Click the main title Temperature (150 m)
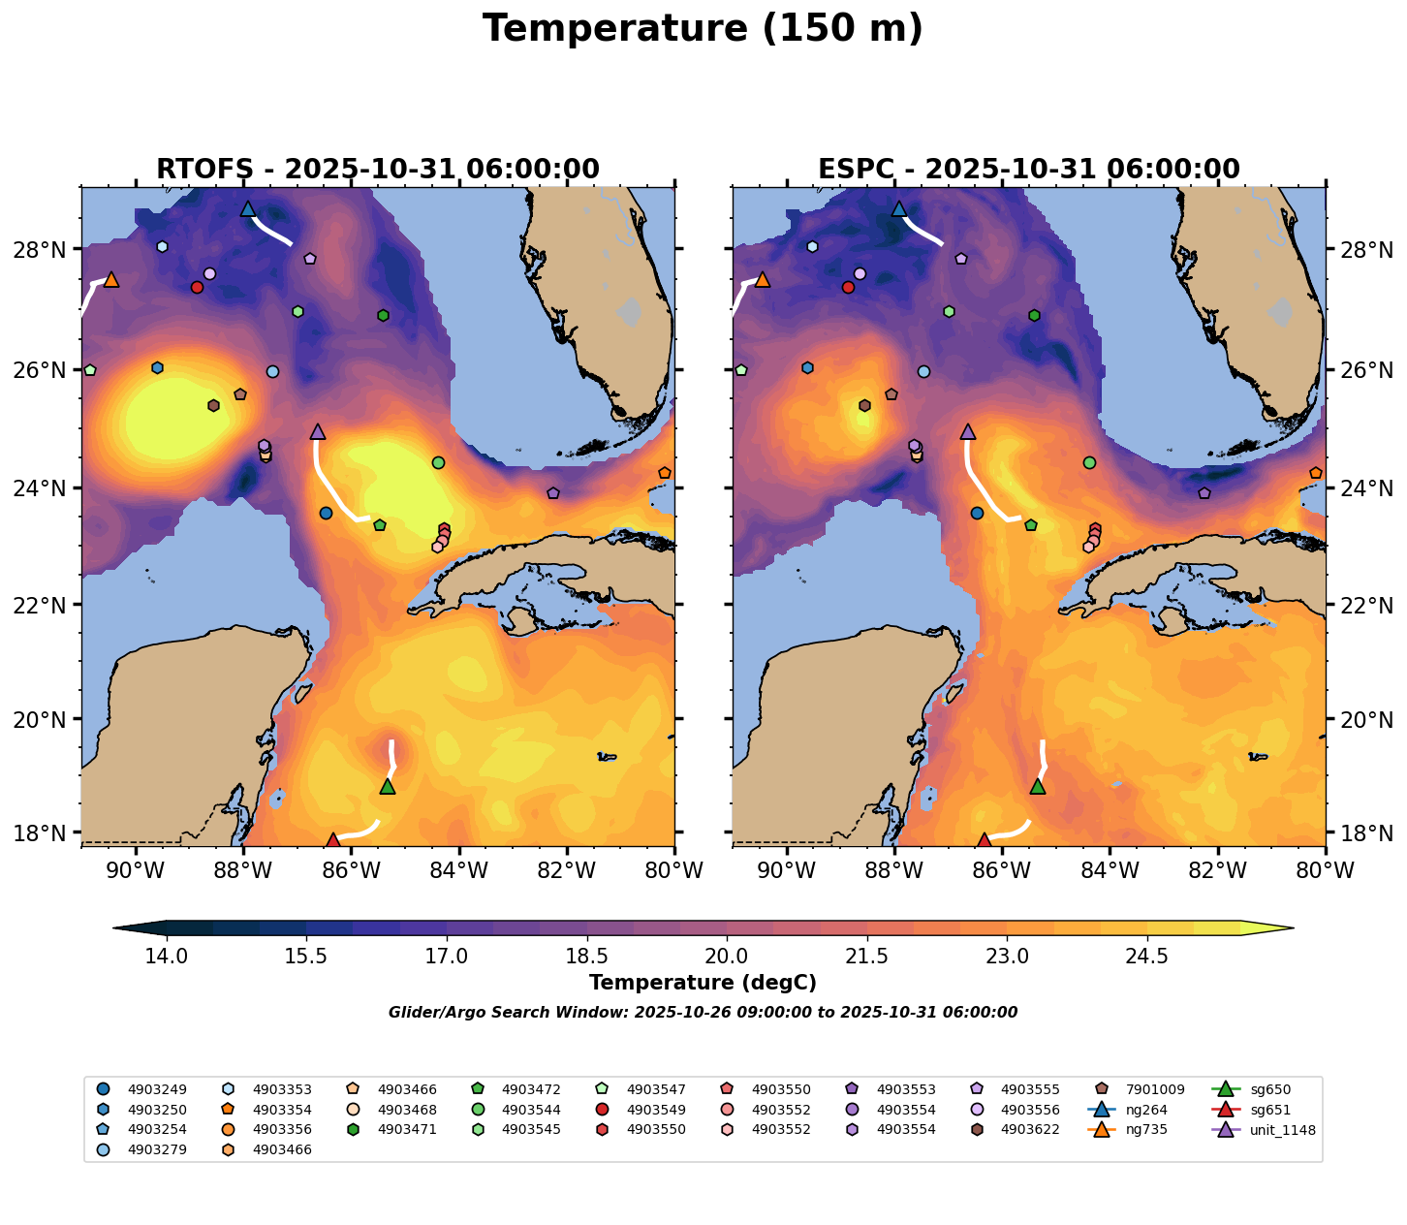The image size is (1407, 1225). [x=703, y=29]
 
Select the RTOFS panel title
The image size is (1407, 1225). [x=378, y=170]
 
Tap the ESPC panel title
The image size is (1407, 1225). [x=1029, y=170]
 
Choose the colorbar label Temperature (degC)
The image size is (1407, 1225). [x=703, y=983]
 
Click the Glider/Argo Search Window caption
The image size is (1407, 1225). [x=703, y=1013]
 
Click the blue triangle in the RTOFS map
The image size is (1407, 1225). [x=248, y=208]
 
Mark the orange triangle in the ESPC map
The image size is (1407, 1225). [x=762, y=279]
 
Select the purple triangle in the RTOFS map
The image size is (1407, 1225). [x=318, y=431]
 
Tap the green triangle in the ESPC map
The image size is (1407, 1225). [x=1038, y=786]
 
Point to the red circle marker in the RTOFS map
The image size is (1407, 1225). [x=197, y=287]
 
